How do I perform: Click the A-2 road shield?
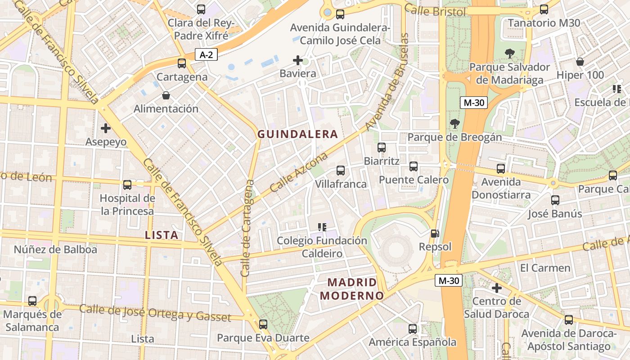pyautogui.click(x=207, y=55)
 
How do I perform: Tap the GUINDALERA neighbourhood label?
pyautogui.click(x=297, y=134)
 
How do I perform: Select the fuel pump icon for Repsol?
pyautogui.click(x=435, y=234)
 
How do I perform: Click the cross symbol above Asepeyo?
pyautogui.click(x=106, y=128)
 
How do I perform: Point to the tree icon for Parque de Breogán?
pyautogui.click(x=455, y=123)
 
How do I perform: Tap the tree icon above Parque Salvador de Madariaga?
pyautogui.click(x=510, y=54)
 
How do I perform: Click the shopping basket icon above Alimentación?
pyautogui.click(x=166, y=95)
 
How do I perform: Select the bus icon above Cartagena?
pyautogui.click(x=182, y=63)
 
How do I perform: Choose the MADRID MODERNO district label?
pyautogui.click(x=352, y=289)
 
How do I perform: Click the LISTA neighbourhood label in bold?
pyautogui.click(x=162, y=235)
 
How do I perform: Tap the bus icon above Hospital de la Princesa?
pyautogui.click(x=127, y=184)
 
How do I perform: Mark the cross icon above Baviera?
pyautogui.click(x=297, y=60)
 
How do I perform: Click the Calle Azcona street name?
pyautogui.click(x=299, y=173)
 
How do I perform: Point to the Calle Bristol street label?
pyautogui.click(x=435, y=11)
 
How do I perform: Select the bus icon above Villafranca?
pyautogui.click(x=341, y=170)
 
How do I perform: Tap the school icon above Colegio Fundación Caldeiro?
pyautogui.click(x=322, y=227)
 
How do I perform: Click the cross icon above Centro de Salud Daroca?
pyautogui.click(x=497, y=288)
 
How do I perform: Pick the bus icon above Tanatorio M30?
pyautogui.click(x=544, y=9)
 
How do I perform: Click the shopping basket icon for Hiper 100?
pyautogui.click(x=580, y=62)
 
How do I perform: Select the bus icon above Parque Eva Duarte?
pyautogui.click(x=263, y=324)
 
